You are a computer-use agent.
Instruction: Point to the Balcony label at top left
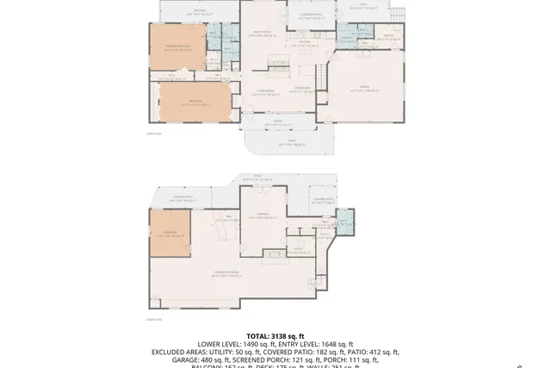point(199,12)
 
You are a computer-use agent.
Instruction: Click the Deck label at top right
point(362,6)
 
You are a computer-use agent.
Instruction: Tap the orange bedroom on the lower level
point(169,234)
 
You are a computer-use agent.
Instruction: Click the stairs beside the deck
point(396,15)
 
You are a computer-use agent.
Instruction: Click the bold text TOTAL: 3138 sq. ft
point(275,336)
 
